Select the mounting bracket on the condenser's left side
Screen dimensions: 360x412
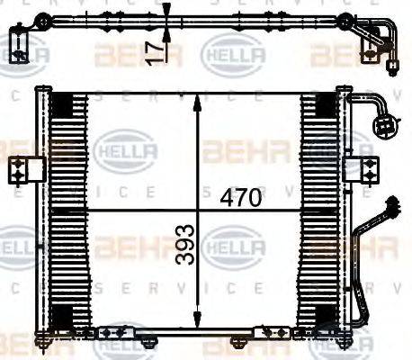(26, 169)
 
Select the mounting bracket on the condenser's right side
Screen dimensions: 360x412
(363, 168)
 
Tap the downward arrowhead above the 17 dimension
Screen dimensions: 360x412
(167, 10)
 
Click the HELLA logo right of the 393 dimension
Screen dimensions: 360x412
(233, 244)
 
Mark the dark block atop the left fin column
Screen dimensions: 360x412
(62, 103)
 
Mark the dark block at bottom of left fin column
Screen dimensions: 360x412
(62, 316)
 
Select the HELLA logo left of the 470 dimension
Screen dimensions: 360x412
(126, 148)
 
